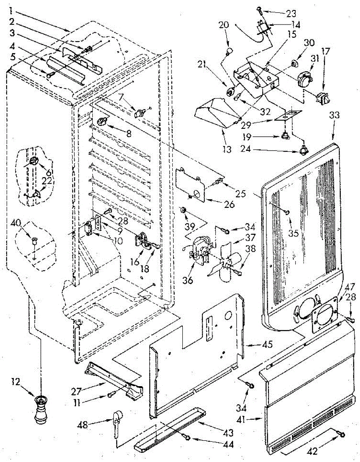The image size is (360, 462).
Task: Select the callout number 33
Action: pos(334,115)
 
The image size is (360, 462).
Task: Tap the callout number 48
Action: pos(83,425)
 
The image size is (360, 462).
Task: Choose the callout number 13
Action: pos(227,149)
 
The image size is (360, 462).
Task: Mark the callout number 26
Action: pos(229,204)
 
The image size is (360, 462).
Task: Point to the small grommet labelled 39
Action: pos(183,211)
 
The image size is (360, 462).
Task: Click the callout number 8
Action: pos(129,134)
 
